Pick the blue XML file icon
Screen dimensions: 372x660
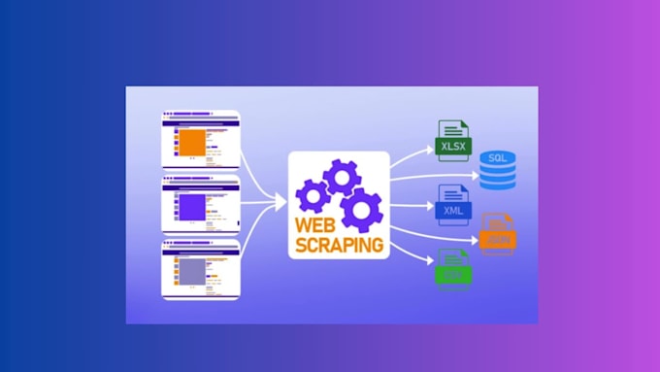[x=453, y=205]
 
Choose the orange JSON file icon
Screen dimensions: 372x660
[x=498, y=233]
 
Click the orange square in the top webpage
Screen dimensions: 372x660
[x=191, y=142]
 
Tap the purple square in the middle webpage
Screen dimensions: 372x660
[x=191, y=206]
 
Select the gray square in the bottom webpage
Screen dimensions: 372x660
[x=191, y=268]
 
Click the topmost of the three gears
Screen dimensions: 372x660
[x=343, y=178]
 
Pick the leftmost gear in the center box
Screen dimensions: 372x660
[x=313, y=196]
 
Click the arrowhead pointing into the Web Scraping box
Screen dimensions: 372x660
[x=280, y=203]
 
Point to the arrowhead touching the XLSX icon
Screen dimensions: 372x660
[x=428, y=149]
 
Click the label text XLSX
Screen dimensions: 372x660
[x=453, y=147]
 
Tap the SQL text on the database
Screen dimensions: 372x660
[x=498, y=157]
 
